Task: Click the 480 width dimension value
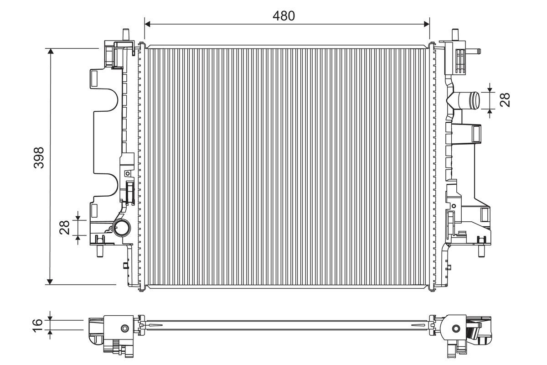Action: [x=284, y=16]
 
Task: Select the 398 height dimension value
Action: [x=39, y=157]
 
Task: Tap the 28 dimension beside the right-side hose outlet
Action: [x=505, y=99]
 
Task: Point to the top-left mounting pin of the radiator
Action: [x=126, y=35]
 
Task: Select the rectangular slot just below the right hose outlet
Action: [x=476, y=134]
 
